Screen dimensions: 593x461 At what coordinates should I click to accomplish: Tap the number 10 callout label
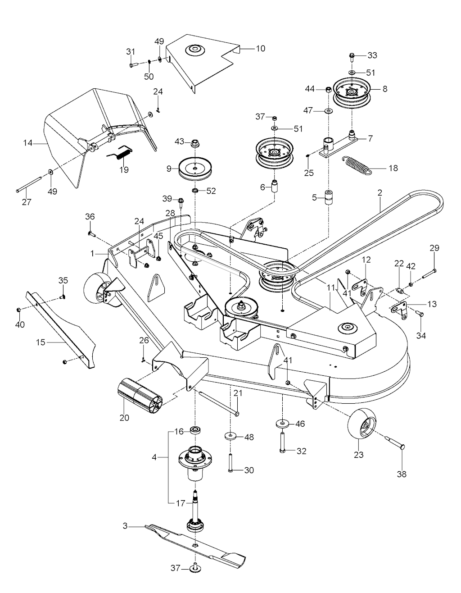[260, 48]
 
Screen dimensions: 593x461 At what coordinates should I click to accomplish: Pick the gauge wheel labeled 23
[363, 426]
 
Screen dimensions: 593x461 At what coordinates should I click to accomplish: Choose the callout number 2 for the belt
[380, 192]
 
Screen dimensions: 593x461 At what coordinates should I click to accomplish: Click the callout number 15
[41, 342]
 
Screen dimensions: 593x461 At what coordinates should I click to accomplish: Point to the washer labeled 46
[282, 424]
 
